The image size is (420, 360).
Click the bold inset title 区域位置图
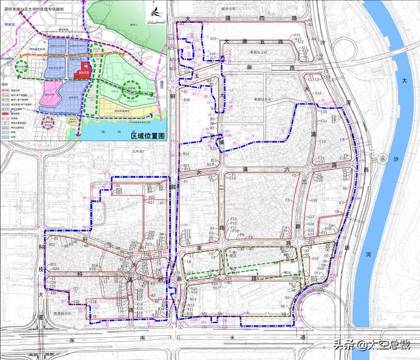(x=147, y=136)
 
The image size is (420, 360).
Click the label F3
(x=288, y=200)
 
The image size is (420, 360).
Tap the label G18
(x=313, y=200)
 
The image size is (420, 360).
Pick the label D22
(x=152, y=198)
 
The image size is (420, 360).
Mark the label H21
(x=53, y=264)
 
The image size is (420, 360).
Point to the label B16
(x=187, y=100)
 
